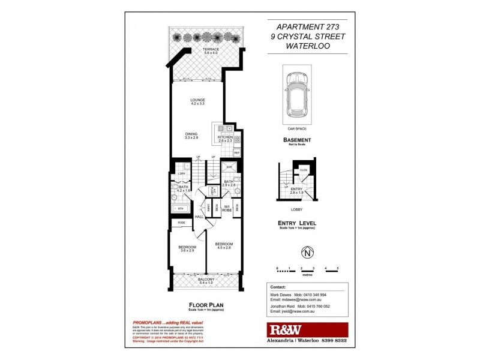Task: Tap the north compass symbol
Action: pos(307,253)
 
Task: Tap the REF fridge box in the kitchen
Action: pos(236,153)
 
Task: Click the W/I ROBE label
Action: pos(226,208)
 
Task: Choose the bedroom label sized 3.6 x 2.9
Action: pos(186,248)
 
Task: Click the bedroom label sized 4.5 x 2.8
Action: pos(223,245)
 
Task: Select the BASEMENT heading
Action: pos(296,139)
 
